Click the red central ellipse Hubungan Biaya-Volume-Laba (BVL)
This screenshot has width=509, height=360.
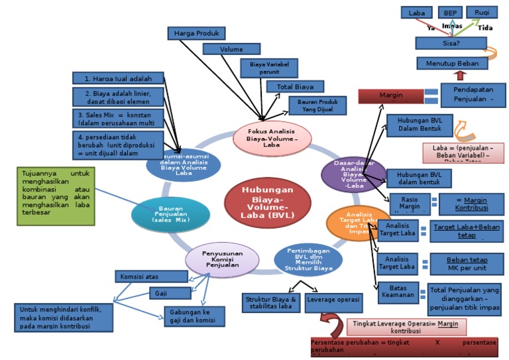(x=267, y=201)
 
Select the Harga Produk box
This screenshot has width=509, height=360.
(x=196, y=33)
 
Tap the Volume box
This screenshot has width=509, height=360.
(x=231, y=49)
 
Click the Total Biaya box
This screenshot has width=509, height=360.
(x=295, y=86)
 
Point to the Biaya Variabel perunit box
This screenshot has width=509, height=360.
(x=269, y=67)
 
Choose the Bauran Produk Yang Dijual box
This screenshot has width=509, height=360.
(x=317, y=105)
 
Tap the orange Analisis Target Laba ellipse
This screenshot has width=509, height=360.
(x=357, y=222)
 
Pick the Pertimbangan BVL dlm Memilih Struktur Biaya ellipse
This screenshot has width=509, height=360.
(x=308, y=259)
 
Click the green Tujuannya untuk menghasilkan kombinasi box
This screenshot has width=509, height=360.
(x=55, y=196)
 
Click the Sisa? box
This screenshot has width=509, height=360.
(x=447, y=43)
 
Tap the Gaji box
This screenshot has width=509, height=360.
(x=162, y=293)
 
